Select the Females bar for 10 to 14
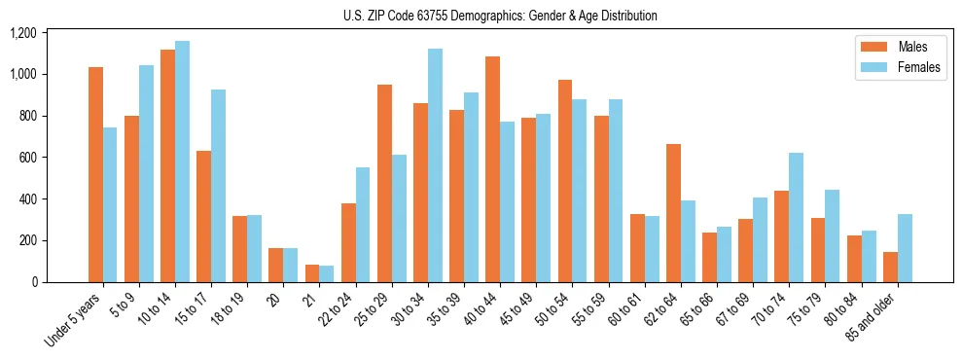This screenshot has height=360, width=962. (x=182, y=162)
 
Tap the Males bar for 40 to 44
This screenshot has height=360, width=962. (x=492, y=169)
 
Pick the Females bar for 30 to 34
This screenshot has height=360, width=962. (x=435, y=165)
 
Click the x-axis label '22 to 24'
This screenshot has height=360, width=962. (x=338, y=312)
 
